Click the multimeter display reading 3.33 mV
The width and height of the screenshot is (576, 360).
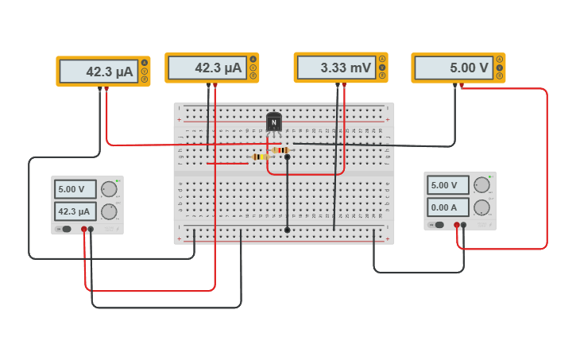tap(335, 68)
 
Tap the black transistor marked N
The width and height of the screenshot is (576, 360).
tap(273, 122)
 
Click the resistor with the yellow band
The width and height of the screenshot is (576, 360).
tap(259, 157)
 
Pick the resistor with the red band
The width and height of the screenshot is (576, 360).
tap(280, 149)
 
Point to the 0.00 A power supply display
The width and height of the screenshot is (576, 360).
tap(448, 207)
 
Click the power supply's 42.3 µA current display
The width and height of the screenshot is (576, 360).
tap(75, 211)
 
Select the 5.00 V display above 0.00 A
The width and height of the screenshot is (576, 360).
tap(448, 185)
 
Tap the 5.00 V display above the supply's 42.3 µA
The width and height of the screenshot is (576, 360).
tap(75, 189)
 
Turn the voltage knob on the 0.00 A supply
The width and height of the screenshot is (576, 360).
tap(481, 185)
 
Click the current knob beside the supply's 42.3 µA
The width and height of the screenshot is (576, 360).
tap(109, 211)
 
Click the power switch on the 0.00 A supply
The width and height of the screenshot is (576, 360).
tap(439, 225)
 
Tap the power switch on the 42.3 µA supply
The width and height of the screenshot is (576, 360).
tap(67, 229)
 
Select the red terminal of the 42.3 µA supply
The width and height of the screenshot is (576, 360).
tap(83, 229)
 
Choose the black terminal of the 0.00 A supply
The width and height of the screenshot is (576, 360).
tap(463, 225)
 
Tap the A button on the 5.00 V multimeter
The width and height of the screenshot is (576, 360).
tap(500, 59)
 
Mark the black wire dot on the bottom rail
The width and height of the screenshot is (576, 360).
tap(287, 230)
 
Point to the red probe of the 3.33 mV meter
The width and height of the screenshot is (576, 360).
tap(344, 84)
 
